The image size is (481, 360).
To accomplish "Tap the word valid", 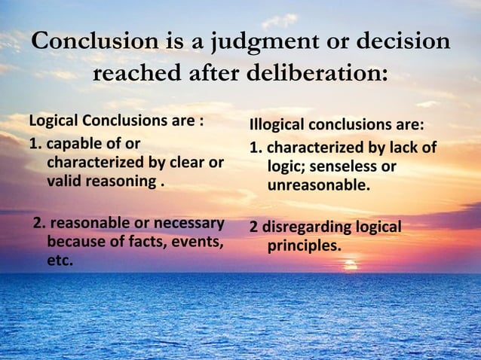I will coord(63,182).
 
